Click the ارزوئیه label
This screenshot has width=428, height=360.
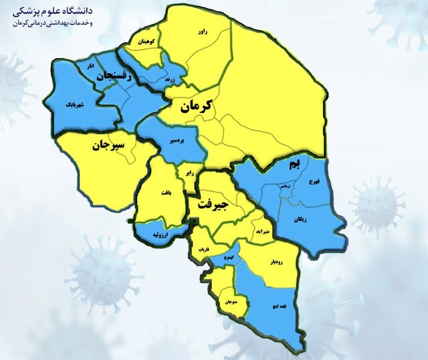(161, 235)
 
